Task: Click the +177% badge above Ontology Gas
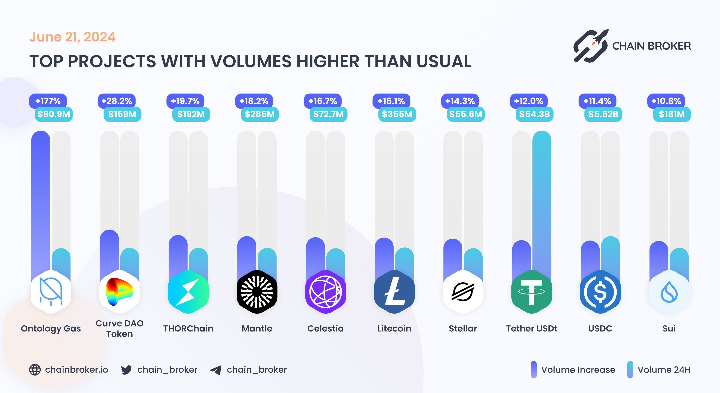(x=48, y=101)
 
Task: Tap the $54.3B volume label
(x=534, y=114)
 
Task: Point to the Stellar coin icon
(x=463, y=292)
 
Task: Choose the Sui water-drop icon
(x=669, y=292)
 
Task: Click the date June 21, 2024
(x=72, y=37)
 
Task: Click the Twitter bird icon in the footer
(x=127, y=370)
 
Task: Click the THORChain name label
(x=188, y=328)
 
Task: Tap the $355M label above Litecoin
(x=397, y=114)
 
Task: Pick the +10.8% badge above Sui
(x=666, y=101)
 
